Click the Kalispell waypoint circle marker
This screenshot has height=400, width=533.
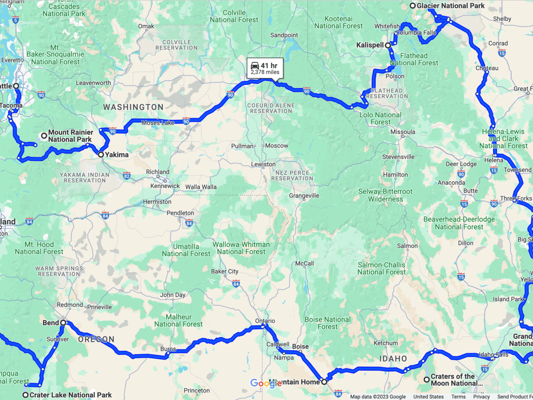click(388, 45)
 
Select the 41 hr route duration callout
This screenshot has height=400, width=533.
click(265, 68)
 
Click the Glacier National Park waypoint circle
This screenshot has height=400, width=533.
click(412, 6)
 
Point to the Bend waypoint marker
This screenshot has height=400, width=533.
click(63, 323)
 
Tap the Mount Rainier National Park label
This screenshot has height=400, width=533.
click(70, 136)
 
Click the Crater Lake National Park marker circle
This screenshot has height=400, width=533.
click(26, 395)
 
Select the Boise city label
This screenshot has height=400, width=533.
click(300, 347)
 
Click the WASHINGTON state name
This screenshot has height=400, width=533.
click(133, 107)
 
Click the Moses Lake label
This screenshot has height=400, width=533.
click(158, 123)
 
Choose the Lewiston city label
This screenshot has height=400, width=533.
click(263, 164)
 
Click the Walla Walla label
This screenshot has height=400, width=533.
click(201, 187)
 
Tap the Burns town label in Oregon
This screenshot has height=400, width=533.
click(168, 349)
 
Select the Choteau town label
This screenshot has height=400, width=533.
click(487, 68)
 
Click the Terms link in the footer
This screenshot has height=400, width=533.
click(458, 396)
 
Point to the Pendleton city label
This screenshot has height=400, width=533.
click(180, 213)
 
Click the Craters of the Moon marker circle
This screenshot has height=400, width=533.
click(426, 380)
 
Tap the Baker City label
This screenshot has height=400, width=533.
click(225, 271)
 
